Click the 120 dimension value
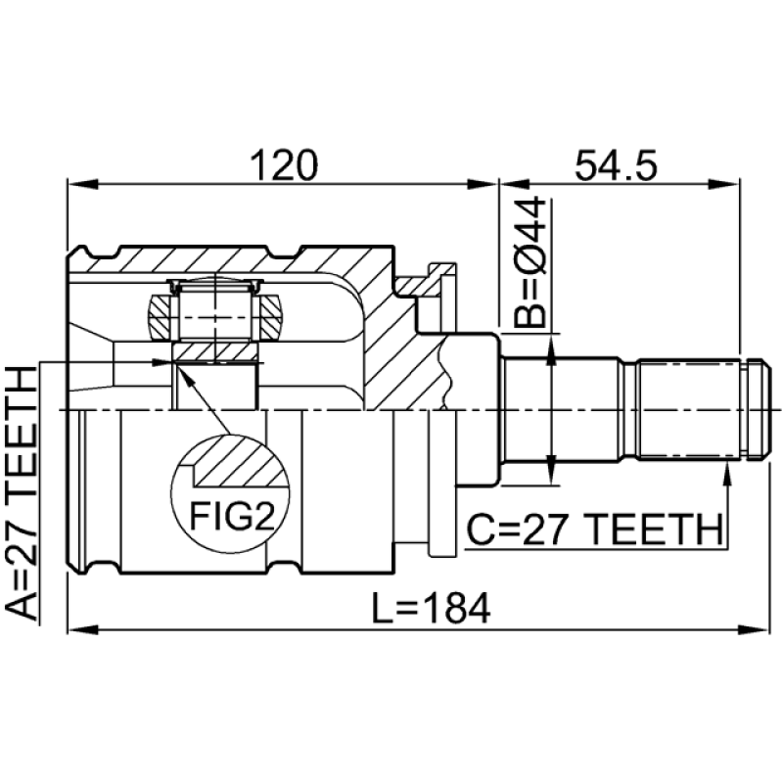[x=284, y=165]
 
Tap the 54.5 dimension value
[x=616, y=165]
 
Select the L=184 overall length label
[x=432, y=608]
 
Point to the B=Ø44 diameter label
[x=530, y=261]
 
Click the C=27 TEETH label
[x=595, y=530]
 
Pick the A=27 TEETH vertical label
[x=22, y=493]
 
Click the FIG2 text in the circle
[x=232, y=516]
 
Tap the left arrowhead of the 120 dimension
[x=82, y=185]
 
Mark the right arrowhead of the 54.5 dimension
[x=724, y=185]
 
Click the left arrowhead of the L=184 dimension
[x=82, y=629]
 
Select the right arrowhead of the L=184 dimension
[x=753, y=629]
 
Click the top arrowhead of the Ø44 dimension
[x=551, y=350]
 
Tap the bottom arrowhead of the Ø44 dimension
[x=551, y=469]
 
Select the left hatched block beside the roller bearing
[x=161, y=317]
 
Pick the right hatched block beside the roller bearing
[x=270, y=317]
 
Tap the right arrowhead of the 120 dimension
[x=483, y=185]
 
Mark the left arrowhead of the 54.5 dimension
[x=514, y=185]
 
